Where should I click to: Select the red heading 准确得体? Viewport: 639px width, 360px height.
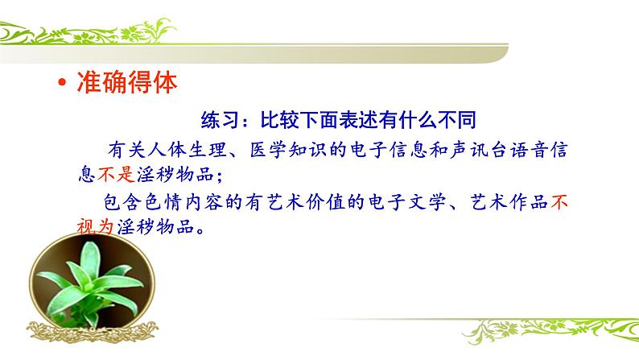click(124, 83)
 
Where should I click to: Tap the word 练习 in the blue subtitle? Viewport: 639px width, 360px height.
click(217, 122)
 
